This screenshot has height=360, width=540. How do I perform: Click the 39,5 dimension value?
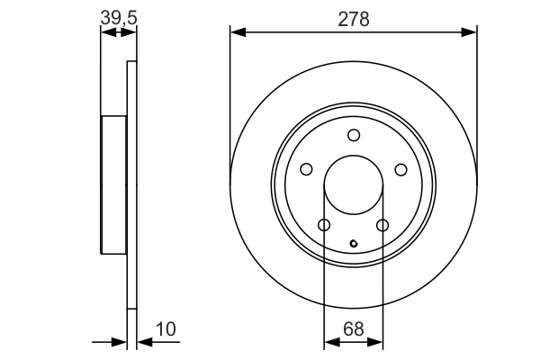(x=118, y=18)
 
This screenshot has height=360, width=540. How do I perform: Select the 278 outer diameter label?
(x=354, y=18)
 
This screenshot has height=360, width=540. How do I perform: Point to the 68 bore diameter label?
(x=354, y=329)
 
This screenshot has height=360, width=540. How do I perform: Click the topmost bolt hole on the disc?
(x=354, y=135)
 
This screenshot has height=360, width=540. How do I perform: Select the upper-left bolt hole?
(x=307, y=168)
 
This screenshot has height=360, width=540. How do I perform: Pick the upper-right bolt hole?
(x=400, y=168)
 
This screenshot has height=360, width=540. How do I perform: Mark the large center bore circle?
(x=354, y=185)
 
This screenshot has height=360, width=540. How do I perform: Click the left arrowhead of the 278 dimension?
(x=237, y=32)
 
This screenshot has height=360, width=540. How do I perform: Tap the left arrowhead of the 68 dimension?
(x=328, y=343)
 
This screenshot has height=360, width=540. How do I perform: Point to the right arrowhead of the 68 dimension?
(x=379, y=343)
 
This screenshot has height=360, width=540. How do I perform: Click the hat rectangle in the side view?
(x=113, y=185)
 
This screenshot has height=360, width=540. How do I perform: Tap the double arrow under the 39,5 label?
(x=119, y=32)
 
